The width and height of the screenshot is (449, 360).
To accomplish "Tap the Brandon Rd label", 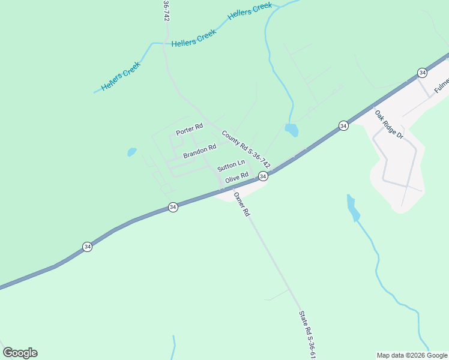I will (x=199, y=151).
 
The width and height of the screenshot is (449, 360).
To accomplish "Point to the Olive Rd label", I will (x=237, y=178).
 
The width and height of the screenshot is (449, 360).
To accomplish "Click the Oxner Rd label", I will (x=241, y=204).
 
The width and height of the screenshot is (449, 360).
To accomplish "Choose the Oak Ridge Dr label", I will (x=388, y=124).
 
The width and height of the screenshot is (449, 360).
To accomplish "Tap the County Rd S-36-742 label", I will (x=246, y=149).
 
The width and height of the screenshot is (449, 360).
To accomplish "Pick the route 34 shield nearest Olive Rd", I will (x=263, y=176).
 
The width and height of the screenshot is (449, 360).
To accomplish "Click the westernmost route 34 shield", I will (x=88, y=247).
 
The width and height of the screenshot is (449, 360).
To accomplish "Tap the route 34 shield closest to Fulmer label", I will (x=423, y=73).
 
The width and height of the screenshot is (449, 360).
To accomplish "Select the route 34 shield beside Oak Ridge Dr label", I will (x=343, y=125).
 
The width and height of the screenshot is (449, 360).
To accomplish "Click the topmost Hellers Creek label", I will (x=250, y=10).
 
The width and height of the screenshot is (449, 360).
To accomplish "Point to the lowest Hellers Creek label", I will (x=121, y=76).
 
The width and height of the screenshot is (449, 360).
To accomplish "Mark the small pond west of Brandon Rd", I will (x=132, y=152).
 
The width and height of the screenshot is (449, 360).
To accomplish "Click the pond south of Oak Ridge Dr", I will (x=354, y=208).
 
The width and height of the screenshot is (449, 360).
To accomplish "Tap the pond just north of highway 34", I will (x=292, y=130).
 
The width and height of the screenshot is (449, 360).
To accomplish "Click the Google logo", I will (x=20, y=353).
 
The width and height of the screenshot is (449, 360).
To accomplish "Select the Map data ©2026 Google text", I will (x=412, y=355).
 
